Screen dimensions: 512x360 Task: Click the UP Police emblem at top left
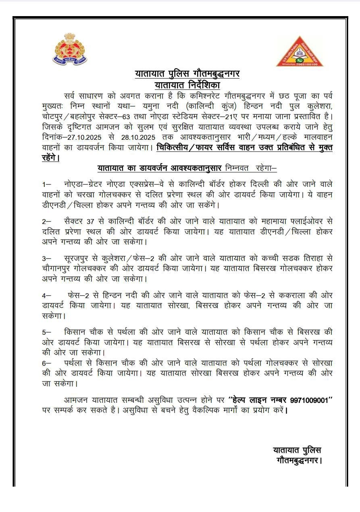pyautogui.click(x=70, y=50)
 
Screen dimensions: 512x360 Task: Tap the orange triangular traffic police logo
pyautogui.click(x=300, y=52)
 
